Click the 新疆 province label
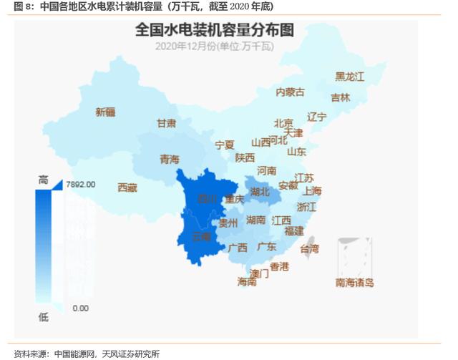pyautogui.click(x=105, y=112)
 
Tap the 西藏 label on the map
pyautogui.click(x=127, y=188)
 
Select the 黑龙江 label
pyautogui.click(x=350, y=77)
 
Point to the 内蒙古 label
pyautogui.click(x=290, y=92)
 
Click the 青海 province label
pyautogui.click(x=170, y=159)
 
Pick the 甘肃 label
pyautogui.click(x=167, y=123)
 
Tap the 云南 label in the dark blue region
pyautogui.click(x=202, y=235)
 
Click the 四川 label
pyautogui.click(x=207, y=198)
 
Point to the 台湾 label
pyautogui.click(x=310, y=249)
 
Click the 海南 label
pyautogui.click(x=246, y=282)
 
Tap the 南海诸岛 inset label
pyautogui.click(x=355, y=283)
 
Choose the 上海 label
pyautogui.click(x=312, y=191)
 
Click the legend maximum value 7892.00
pyautogui.click(x=80, y=184)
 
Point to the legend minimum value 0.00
pyautogui.click(x=80, y=308)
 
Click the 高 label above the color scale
pyautogui.click(x=43, y=182)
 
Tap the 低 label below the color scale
pyautogui.click(x=43, y=316)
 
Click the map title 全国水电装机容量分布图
pyautogui.click(x=215, y=30)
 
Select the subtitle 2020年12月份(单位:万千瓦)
pyautogui.click(x=215, y=47)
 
